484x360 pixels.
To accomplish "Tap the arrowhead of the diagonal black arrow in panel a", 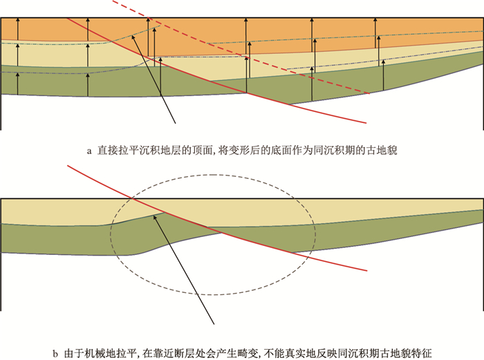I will pyautogui.click(x=133, y=33).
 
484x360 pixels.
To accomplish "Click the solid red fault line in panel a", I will pyautogui.click(x=207, y=77).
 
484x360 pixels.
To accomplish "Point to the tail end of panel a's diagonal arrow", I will pyautogui.click(x=178, y=124).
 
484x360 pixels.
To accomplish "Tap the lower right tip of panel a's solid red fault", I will pyautogui.click(x=365, y=124).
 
